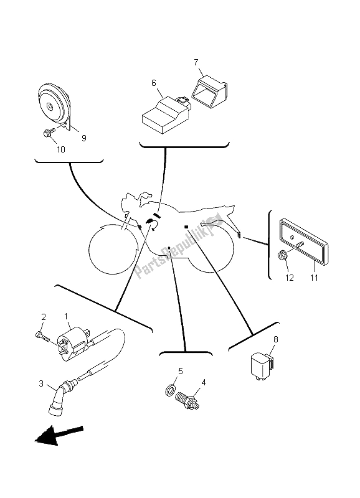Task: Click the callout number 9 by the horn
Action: click(84, 138)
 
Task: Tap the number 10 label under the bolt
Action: click(60, 149)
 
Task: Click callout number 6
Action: click(154, 83)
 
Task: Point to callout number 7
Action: click(196, 62)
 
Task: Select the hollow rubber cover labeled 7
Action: click(209, 88)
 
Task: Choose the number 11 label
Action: click(314, 278)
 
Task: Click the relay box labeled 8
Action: click(262, 365)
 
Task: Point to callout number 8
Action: click(275, 339)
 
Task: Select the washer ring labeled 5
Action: click(170, 390)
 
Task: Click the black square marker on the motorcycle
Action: click(186, 227)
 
